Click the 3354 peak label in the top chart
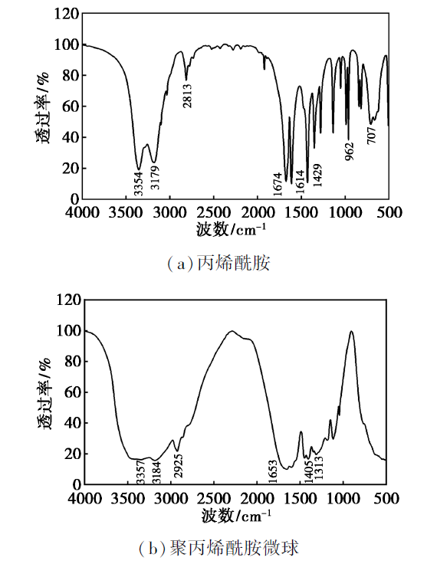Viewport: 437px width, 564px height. tap(139, 184)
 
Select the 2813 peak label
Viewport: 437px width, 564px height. tap(187, 96)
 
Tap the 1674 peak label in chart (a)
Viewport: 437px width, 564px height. tap(278, 184)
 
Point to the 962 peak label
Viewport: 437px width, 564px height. tap(350, 152)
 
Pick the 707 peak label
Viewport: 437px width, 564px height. tap(372, 135)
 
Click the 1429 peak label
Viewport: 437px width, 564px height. tap(317, 175)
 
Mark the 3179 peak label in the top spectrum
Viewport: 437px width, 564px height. tap(155, 177)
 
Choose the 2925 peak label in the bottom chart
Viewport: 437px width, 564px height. tap(179, 465)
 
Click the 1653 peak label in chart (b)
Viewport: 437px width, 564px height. tap(273, 471)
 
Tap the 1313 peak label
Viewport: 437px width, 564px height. tap(319, 467)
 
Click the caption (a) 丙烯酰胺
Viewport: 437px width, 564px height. tap(219, 264)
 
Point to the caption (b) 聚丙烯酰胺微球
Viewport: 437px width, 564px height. tap(219, 549)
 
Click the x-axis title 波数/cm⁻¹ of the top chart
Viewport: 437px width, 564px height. tap(231, 229)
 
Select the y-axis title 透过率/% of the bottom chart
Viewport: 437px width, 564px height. tap(44, 394)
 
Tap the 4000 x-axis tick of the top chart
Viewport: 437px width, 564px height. tap(83, 212)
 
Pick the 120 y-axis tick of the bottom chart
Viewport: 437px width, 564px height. tap(68, 300)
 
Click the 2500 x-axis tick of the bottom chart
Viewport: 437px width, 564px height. tap(214, 499)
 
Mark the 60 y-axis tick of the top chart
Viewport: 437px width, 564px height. tap(71, 106)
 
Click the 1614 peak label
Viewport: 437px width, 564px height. tap(300, 182)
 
